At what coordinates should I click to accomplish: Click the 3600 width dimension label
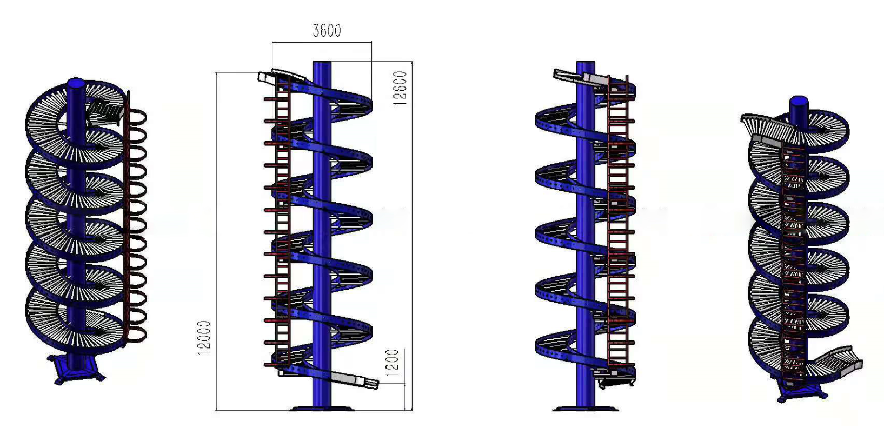pos(327,30)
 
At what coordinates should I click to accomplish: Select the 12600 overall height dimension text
pos(400,88)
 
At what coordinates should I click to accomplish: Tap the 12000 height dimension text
pos(204,338)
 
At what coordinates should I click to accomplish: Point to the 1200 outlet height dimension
pos(392,362)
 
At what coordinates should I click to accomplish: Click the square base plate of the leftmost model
pos(76,369)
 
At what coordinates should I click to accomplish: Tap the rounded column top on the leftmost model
pos(76,84)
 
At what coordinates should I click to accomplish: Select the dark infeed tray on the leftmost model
pos(105,112)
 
